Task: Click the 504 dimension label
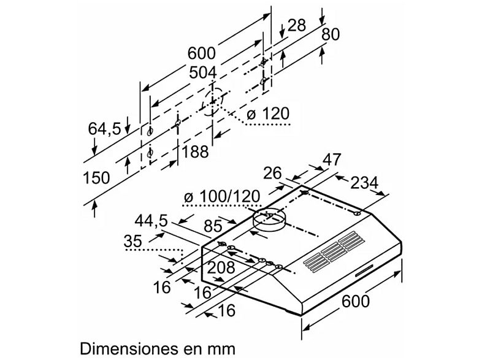click(x=203, y=73)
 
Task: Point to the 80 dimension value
click(x=330, y=34)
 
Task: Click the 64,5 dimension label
click(x=105, y=129)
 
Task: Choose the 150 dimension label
click(x=96, y=178)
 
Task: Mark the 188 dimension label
click(x=196, y=151)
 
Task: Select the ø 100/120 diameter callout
click(x=223, y=197)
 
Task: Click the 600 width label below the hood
click(x=355, y=302)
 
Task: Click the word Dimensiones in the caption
click(x=124, y=348)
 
